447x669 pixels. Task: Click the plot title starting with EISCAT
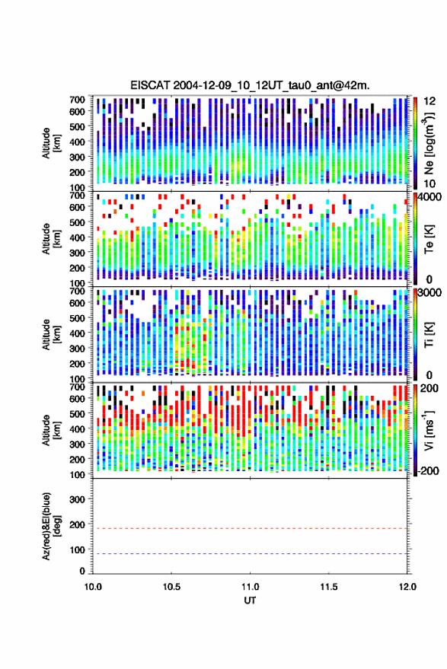click(x=250, y=85)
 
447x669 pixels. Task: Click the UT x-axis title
click(x=250, y=601)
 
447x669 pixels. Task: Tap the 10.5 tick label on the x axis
click(x=171, y=587)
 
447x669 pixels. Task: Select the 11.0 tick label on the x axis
click(x=250, y=587)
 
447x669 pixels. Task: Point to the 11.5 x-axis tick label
click(x=328, y=587)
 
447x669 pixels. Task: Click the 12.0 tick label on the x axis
click(x=407, y=587)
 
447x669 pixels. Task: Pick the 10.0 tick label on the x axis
click(x=93, y=587)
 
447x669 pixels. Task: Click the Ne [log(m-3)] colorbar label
click(x=429, y=143)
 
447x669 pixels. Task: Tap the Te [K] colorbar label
click(x=429, y=239)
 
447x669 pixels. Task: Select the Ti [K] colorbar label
click(x=429, y=335)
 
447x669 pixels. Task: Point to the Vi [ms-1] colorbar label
click(x=429, y=430)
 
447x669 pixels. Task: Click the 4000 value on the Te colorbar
click(x=430, y=198)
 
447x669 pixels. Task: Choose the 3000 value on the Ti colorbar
click(x=430, y=293)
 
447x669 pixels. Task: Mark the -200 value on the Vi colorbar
click(x=428, y=471)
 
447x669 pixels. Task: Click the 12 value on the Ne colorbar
click(x=429, y=101)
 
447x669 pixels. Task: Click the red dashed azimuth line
click(x=250, y=529)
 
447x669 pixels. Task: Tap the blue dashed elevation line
click(x=250, y=554)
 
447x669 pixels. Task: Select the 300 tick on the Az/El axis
click(x=77, y=499)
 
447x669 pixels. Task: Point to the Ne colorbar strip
click(x=415, y=143)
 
